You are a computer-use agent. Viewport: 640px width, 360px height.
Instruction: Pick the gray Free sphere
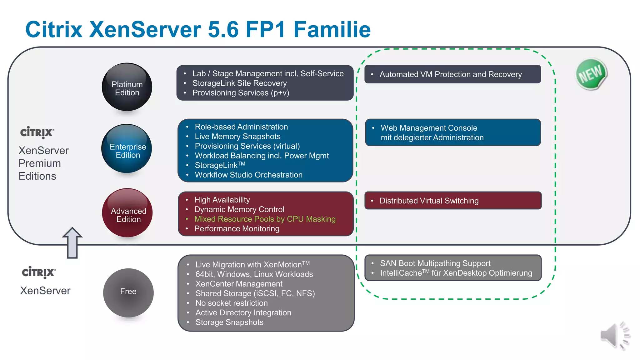click(128, 292)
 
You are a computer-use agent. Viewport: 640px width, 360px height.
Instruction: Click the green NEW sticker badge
click(591, 74)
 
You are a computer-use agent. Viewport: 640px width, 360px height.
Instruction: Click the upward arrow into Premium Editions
click(72, 243)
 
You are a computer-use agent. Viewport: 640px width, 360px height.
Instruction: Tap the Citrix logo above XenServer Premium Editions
click(37, 132)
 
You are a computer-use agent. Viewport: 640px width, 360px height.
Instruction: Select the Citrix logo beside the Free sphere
click(39, 272)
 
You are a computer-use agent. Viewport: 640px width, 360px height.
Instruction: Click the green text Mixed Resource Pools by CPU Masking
click(265, 219)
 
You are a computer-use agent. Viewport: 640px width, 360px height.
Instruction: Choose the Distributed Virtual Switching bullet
click(429, 201)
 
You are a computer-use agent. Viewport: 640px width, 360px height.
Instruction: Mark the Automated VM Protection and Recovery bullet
click(450, 74)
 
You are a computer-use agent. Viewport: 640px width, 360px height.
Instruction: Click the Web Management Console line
click(429, 128)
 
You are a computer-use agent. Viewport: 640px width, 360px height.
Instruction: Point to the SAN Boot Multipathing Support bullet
click(435, 263)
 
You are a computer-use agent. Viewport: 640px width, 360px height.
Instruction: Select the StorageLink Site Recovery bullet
click(239, 83)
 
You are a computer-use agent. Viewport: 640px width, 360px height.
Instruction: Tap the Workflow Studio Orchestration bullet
click(248, 175)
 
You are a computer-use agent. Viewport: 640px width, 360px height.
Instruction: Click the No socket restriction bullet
click(231, 303)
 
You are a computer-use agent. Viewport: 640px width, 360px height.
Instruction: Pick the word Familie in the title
click(332, 30)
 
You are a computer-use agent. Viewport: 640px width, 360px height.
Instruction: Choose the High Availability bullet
click(222, 200)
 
